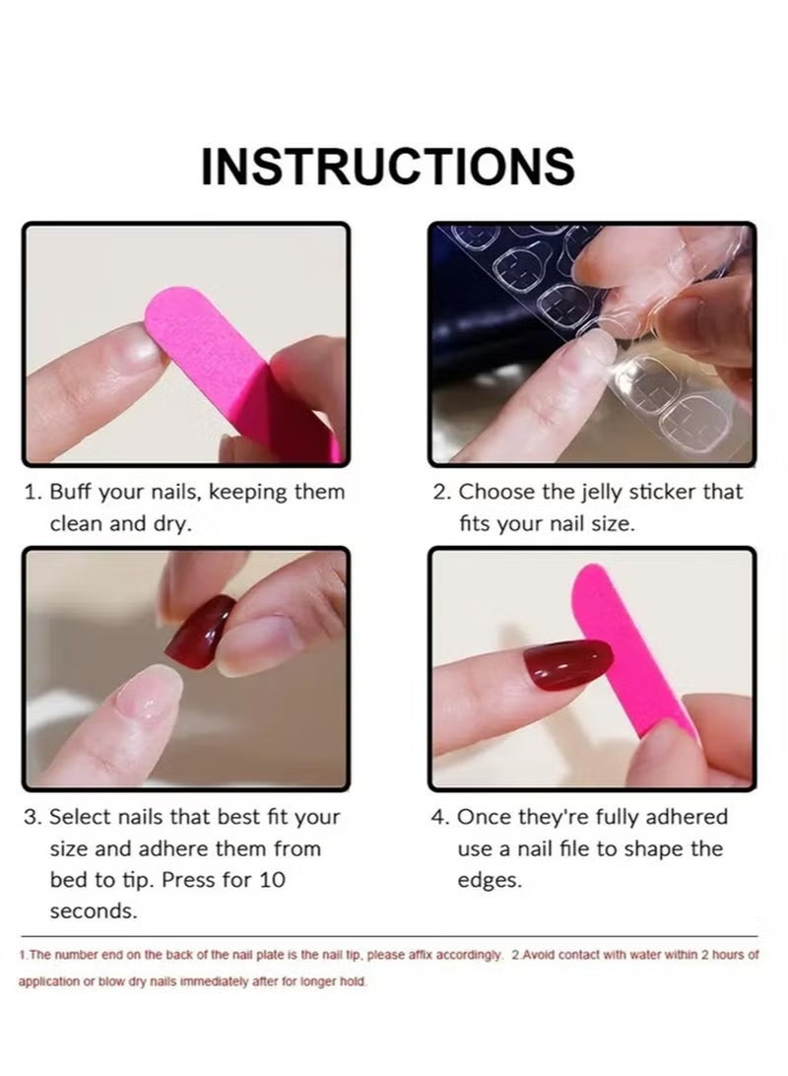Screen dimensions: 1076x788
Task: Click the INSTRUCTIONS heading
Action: pos(388,166)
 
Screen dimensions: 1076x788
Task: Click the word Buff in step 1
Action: pos(72,492)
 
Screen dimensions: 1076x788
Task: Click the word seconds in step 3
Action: pos(94,911)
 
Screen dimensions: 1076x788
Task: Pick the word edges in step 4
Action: pos(490,880)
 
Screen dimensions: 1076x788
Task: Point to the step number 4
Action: pos(438,817)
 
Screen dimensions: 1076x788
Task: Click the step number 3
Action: pos(31,817)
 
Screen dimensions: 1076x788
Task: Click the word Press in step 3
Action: pos(190,879)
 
